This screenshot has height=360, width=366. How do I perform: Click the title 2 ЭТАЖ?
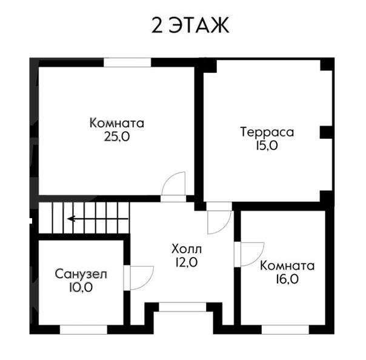pyautogui.click(x=190, y=25)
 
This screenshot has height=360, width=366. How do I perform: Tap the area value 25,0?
pyautogui.click(x=117, y=137)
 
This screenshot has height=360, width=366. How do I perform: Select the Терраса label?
pyautogui.click(x=267, y=132)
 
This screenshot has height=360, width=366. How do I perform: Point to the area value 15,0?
pyautogui.click(x=267, y=145)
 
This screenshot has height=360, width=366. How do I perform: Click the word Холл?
pyautogui.click(x=187, y=249)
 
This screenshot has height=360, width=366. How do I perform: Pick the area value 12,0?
pyautogui.click(x=187, y=262)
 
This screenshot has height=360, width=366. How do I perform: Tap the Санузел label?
pyautogui.click(x=81, y=274)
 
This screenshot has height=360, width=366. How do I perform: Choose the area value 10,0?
pyautogui.click(x=81, y=287)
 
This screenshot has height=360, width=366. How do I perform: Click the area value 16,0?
pyautogui.click(x=287, y=279)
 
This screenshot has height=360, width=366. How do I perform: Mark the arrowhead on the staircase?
pyautogui.click(x=70, y=219)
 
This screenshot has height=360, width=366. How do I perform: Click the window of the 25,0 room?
pyautogui.click(x=127, y=62)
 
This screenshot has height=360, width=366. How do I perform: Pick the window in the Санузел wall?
pyautogui.click(x=84, y=330)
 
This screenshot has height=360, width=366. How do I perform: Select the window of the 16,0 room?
pyautogui.click(x=285, y=330)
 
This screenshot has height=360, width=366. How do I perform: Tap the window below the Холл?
pyautogui.click(x=183, y=307)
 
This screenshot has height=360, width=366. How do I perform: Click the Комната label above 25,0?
pyautogui.click(x=117, y=123)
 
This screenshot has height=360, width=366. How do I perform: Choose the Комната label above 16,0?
pyautogui.click(x=287, y=265)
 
